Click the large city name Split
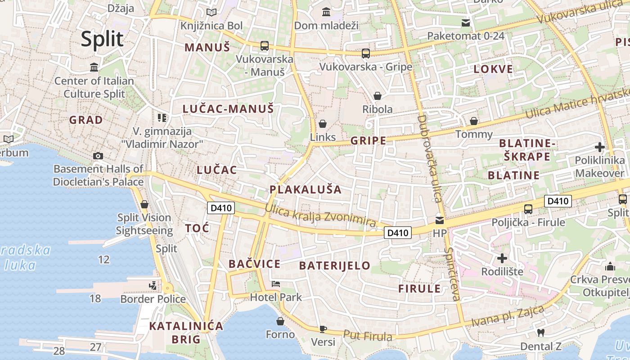(x=102, y=39)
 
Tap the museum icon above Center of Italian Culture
(x=94, y=67)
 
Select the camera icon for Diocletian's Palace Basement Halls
(x=98, y=156)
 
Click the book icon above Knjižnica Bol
(x=211, y=13)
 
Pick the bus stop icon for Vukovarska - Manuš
(x=264, y=46)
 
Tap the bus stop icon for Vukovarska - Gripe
(x=365, y=54)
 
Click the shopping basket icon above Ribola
(x=378, y=96)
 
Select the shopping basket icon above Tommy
(x=473, y=121)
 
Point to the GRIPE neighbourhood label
(x=368, y=140)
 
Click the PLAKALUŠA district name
(x=306, y=189)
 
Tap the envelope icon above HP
(x=439, y=220)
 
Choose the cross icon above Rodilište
(x=502, y=258)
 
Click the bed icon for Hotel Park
(x=276, y=284)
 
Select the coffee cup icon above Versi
(x=323, y=328)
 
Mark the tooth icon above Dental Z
(x=541, y=333)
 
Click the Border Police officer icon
(x=153, y=286)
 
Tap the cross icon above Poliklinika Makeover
(x=599, y=147)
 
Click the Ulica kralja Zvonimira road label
(x=320, y=215)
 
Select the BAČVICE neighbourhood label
(x=254, y=264)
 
